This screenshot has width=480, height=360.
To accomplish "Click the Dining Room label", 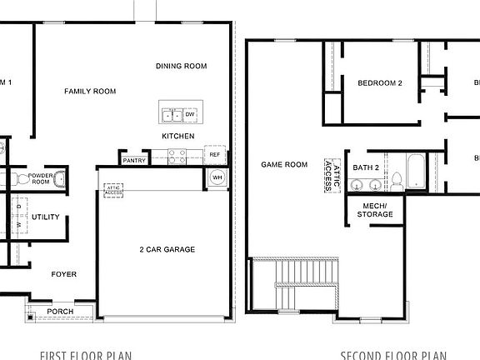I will click(x=181, y=66).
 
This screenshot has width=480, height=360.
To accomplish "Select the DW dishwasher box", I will click(x=190, y=114).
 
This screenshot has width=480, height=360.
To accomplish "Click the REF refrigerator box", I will click(x=214, y=154).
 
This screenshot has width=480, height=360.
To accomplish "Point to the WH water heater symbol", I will click(x=216, y=177).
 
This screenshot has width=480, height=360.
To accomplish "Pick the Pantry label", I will click(x=133, y=160).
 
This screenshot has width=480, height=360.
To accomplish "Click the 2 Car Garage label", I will click(x=167, y=249).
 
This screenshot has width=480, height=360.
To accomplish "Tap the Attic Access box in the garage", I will click(x=113, y=191).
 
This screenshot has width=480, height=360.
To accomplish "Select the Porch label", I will click(x=60, y=312).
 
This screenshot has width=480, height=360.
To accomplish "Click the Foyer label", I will click(x=64, y=273).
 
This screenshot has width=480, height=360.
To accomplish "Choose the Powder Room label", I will click(x=42, y=180).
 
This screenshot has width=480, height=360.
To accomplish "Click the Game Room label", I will click(x=284, y=165).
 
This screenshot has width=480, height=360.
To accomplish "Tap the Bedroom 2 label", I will click(x=380, y=83).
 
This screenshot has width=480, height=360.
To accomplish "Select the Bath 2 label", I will click(x=366, y=167).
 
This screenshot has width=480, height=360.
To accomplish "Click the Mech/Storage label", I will click(x=374, y=210).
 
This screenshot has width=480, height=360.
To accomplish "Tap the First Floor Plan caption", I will click(x=86, y=355).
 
